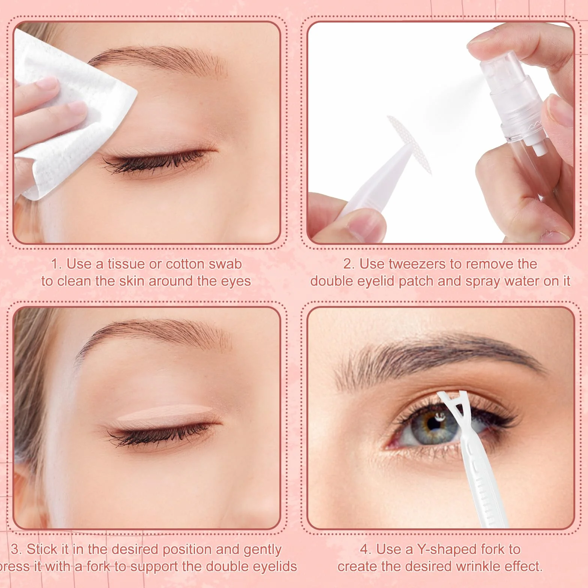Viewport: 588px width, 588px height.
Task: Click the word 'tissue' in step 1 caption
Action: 126,264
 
